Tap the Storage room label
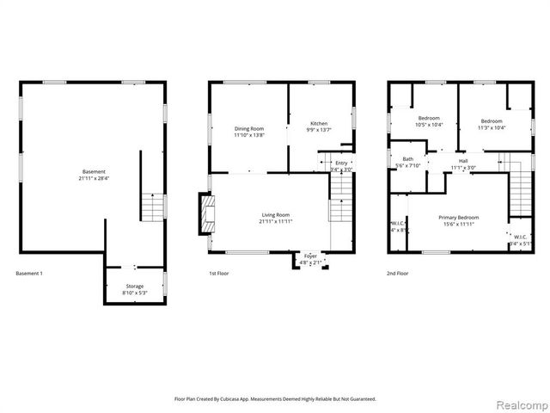click(135, 286)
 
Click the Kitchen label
click(319, 124)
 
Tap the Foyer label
click(310, 255)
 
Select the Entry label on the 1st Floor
click(341, 163)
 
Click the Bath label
click(407, 159)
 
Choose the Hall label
click(463, 161)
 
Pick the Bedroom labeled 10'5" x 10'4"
click(429, 119)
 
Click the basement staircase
click(152, 207)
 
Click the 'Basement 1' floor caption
click(29, 274)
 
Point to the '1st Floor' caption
click(220, 274)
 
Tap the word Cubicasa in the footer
click(241, 399)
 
